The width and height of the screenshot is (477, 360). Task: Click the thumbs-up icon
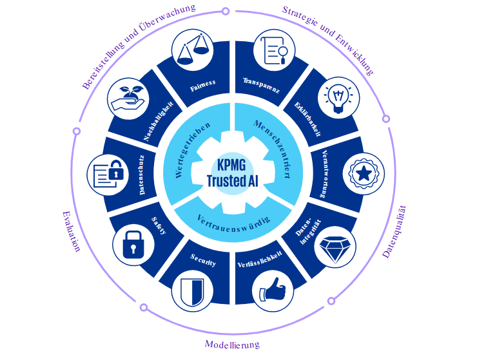click(273, 290)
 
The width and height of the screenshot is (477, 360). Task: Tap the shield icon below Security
click(195, 292)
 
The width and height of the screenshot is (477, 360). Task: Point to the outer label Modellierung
click(232, 344)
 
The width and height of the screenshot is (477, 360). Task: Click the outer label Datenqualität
click(395, 231)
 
